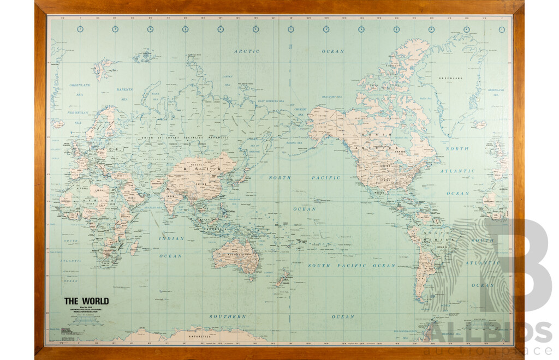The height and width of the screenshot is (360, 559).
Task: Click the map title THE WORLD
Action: (86, 301)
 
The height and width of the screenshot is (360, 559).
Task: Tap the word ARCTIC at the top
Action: (246, 51)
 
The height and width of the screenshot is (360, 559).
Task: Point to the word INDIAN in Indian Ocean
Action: (171, 238)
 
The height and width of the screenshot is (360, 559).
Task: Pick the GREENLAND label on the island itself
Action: (450, 79)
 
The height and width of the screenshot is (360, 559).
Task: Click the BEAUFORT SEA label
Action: (331, 97)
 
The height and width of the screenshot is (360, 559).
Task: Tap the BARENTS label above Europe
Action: (124, 89)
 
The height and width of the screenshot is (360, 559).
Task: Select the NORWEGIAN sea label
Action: (78, 113)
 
